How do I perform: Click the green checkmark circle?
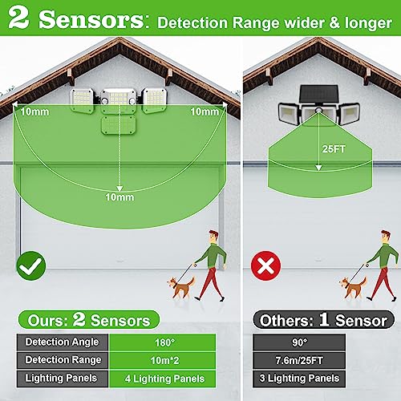31,265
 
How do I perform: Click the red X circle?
265,265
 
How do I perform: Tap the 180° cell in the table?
162,342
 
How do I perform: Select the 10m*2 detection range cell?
162,360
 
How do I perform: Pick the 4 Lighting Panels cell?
162,379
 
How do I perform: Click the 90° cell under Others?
299,342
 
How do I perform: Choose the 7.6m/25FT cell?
299,360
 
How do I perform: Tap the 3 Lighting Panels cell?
299,379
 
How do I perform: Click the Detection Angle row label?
63,342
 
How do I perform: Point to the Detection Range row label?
63,360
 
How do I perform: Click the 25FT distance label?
334,149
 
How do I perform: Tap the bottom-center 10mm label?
119,197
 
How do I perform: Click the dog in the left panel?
180,287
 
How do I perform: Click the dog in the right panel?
353,287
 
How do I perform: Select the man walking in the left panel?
211,265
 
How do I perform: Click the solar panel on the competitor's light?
318,94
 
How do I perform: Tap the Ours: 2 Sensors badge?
89,320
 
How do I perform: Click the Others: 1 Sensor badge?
323,320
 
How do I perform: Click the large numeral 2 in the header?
18,18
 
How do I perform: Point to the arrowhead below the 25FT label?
318,168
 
